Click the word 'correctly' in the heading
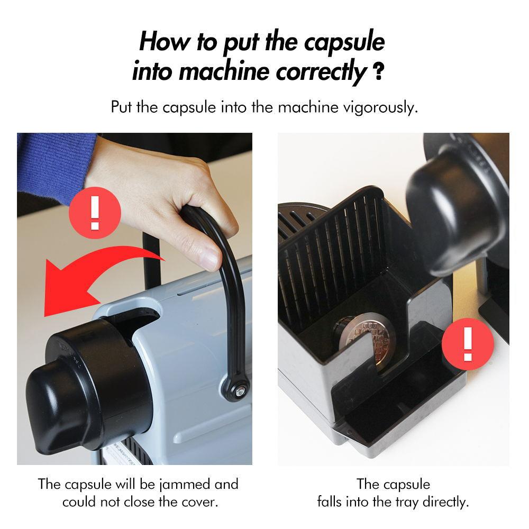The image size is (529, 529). tap(322, 71)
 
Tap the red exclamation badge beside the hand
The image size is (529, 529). tap(95, 213)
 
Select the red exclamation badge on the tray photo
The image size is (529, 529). tap(468, 344)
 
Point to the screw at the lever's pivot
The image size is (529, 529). tap(239, 391)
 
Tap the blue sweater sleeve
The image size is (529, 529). tap(54, 165)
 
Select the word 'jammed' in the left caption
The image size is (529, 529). tap(185, 485)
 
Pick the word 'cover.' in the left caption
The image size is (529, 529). tap(200, 502)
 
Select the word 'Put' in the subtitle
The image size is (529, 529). tap(122, 107)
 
